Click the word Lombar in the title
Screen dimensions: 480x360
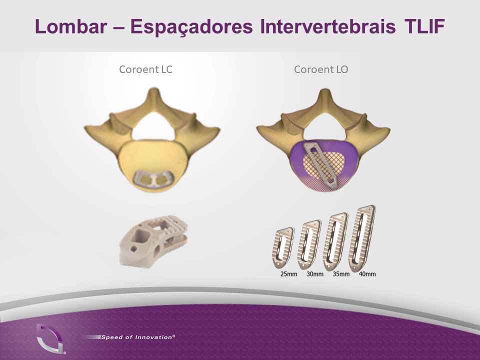[71, 26]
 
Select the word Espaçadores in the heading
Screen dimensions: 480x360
[192, 27]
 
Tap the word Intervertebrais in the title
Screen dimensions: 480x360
[328, 26]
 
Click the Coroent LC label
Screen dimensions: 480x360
[145, 69]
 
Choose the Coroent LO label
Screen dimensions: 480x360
[321, 69]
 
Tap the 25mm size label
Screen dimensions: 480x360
[288, 274]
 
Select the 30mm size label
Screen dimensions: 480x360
[315, 274]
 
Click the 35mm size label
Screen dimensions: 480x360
[341, 274]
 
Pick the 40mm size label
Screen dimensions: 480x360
[367, 274]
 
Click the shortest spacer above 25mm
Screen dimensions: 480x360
[283, 248]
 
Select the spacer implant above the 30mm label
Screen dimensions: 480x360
[309, 245]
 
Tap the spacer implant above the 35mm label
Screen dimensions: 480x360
[335, 242]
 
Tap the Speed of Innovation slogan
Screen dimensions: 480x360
[138, 337]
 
